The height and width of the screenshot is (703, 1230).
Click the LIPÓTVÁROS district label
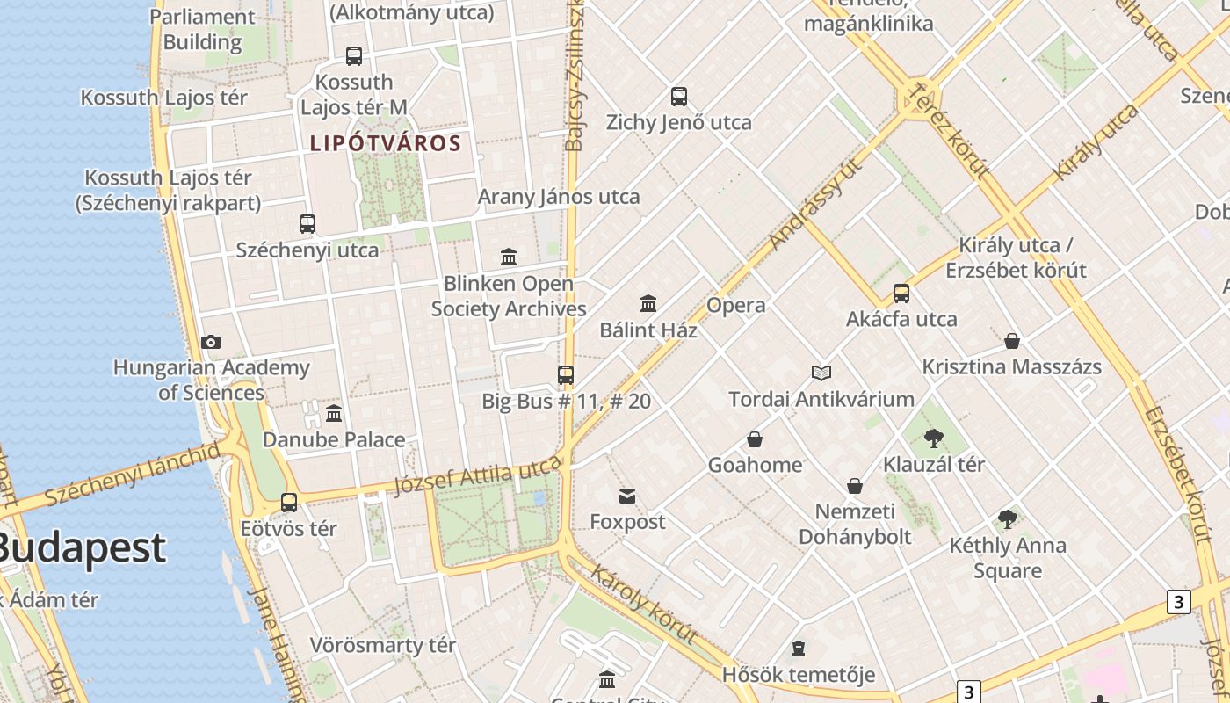coord(386,143)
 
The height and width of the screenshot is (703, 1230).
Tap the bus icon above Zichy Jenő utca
coord(678,97)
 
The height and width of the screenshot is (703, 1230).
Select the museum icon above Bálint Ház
coord(648,304)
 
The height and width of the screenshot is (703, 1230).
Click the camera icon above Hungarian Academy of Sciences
coord(211,342)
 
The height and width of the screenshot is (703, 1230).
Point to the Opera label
coord(736,306)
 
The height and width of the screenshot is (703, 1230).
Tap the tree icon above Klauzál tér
coord(933,438)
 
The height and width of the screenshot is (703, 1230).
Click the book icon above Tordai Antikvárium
coord(821,373)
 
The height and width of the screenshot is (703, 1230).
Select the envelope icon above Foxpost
coord(627,496)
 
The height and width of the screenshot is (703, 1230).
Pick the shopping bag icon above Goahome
coord(755,438)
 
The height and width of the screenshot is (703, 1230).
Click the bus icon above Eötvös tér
coord(289,503)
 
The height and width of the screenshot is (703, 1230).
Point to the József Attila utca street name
coord(477,476)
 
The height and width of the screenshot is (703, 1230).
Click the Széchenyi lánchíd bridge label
coord(133,475)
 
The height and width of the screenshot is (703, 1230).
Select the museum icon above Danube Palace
coord(334,413)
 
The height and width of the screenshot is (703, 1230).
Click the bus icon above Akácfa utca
coord(901,294)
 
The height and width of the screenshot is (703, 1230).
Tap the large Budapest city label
coord(81,547)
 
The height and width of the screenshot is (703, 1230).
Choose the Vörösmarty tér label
coord(383,645)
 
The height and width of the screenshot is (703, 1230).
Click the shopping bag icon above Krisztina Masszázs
coord(1012,341)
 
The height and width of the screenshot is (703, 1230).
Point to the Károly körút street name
coord(644,604)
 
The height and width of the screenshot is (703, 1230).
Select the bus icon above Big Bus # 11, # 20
coord(566,375)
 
